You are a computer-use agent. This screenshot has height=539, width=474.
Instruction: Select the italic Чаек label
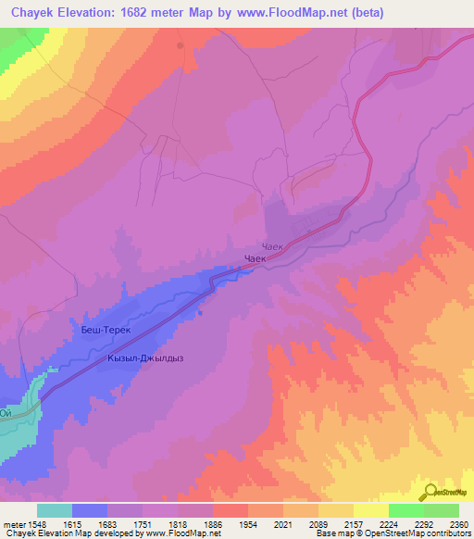[x=271, y=246]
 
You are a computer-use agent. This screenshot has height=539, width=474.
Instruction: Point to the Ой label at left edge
[x=6, y=413]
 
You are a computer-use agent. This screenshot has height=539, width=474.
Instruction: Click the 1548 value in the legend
[x=37, y=523]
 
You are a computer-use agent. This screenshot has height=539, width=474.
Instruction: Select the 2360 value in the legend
[x=458, y=523]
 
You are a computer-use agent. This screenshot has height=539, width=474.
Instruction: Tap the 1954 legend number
[x=247, y=523]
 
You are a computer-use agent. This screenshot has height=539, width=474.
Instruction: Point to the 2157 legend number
[x=353, y=523]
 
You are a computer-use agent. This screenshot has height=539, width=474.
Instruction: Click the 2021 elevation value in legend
[x=282, y=523]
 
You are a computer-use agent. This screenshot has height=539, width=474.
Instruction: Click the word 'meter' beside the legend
[x=12, y=523]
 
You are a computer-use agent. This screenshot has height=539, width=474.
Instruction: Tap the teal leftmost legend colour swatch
[x=55, y=510]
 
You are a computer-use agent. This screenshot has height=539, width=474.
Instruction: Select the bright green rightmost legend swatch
[x=441, y=510]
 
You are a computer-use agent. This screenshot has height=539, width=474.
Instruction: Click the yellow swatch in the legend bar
[x=370, y=510]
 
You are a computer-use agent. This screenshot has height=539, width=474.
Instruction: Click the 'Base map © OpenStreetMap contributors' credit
[x=393, y=533]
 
